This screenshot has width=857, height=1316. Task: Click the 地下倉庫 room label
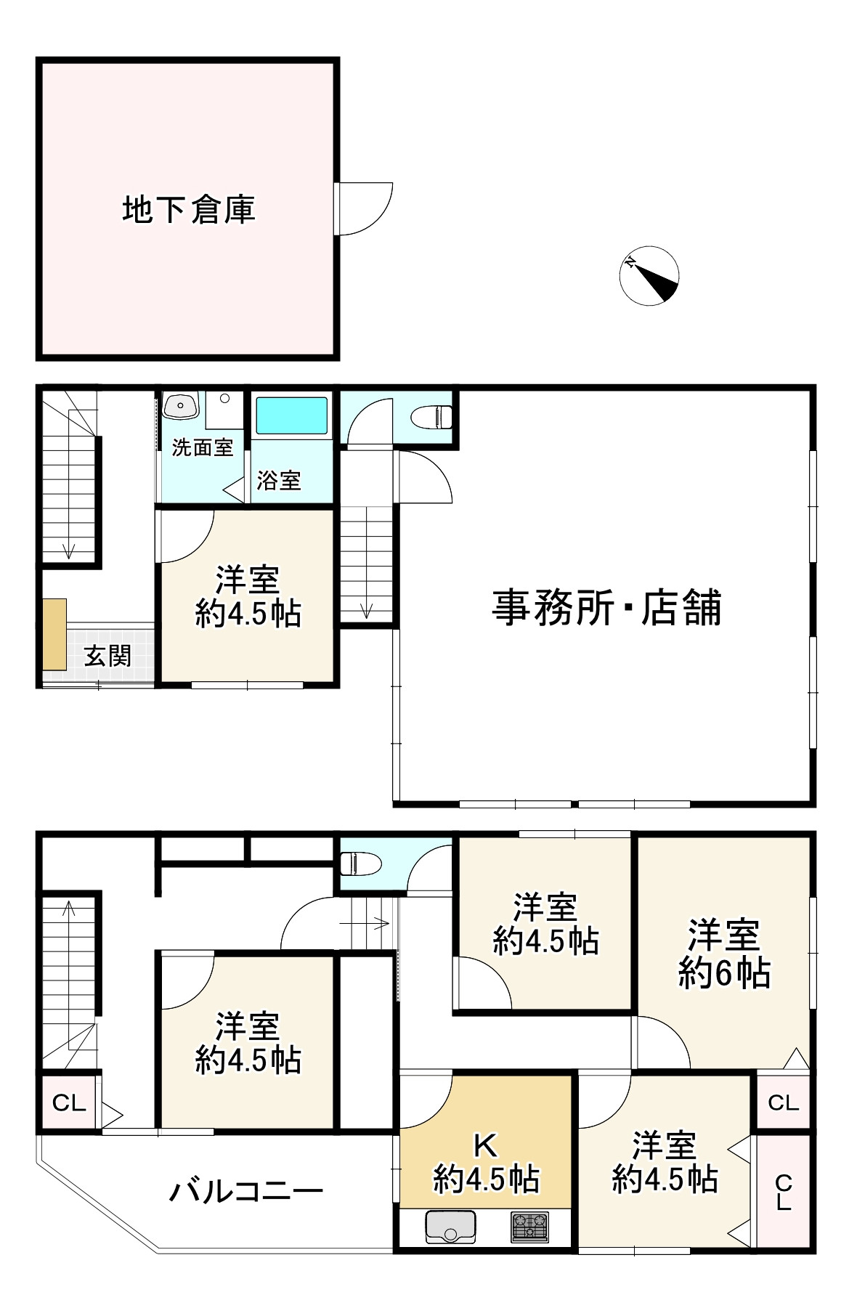189,210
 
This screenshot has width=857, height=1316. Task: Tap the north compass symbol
649,275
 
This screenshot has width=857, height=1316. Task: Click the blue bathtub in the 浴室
291,416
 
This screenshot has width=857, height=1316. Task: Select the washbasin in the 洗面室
180,405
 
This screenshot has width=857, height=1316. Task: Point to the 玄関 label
107,657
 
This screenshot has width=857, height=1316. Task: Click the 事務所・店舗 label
606,608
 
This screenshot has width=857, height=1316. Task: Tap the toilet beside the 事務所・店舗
432,417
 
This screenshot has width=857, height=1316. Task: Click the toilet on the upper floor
361,863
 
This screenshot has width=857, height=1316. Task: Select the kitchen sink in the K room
450,1227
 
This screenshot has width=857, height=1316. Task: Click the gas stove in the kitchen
530,1227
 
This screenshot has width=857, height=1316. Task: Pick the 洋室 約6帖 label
724,954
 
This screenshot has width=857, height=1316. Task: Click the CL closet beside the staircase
69,1102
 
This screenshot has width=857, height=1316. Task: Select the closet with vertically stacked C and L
783,1192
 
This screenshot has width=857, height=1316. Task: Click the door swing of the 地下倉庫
365,208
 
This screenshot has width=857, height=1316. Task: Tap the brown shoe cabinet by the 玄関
54,634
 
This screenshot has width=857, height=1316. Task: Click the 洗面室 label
203,448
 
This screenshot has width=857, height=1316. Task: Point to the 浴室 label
279,480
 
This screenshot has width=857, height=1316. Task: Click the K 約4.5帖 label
485,1163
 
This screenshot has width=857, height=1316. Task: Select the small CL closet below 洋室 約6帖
783,1102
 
